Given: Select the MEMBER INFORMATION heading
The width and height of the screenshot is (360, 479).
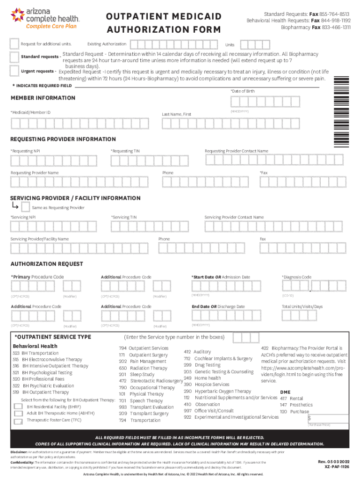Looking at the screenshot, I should tap(43, 98).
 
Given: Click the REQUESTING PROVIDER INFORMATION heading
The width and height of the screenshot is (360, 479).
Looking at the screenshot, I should tap(63, 139).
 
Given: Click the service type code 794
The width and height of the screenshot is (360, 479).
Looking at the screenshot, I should tap(123, 348).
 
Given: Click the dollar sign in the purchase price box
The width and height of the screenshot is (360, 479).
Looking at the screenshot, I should tap(309, 417).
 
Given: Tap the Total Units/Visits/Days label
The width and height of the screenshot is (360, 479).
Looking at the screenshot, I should tap(302, 306).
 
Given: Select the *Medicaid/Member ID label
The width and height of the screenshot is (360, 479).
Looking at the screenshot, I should tap(30, 112).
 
